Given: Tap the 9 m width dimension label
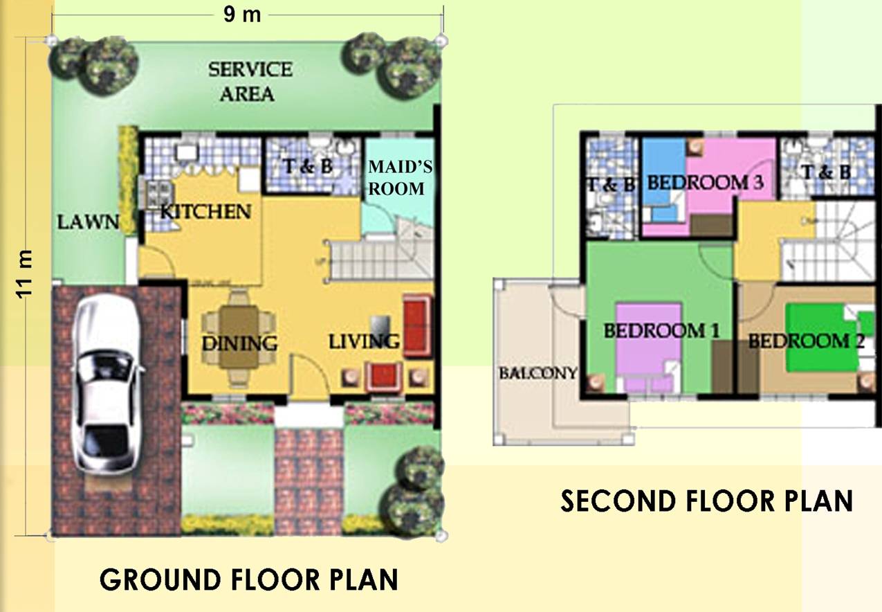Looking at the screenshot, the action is (x=242, y=15).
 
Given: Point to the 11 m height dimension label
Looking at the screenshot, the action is (x=24, y=274).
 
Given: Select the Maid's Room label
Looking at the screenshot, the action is (x=400, y=178).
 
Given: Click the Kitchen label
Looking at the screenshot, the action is (x=205, y=212).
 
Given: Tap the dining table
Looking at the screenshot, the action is (x=239, y=336).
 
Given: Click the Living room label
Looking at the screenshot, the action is (x=364, y=342).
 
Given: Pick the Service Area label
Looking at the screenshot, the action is (x=250, y=82).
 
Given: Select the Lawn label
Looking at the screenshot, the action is (x=89, y=222).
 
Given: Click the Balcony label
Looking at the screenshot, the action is (x=538, y=372).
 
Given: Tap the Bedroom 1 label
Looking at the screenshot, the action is (x=661, y=331).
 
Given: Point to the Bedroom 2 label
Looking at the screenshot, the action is (x=806, y=341).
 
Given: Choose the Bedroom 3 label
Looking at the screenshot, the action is (x=705, y=183).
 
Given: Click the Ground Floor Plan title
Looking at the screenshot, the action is (x=249, y=579).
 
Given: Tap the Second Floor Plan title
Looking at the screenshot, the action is (x=707, y=501).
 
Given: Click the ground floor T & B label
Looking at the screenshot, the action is (x=308, y=166).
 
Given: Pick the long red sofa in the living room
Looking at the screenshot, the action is (x=417, y=326).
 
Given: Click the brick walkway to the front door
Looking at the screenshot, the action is (x=309, y=480).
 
